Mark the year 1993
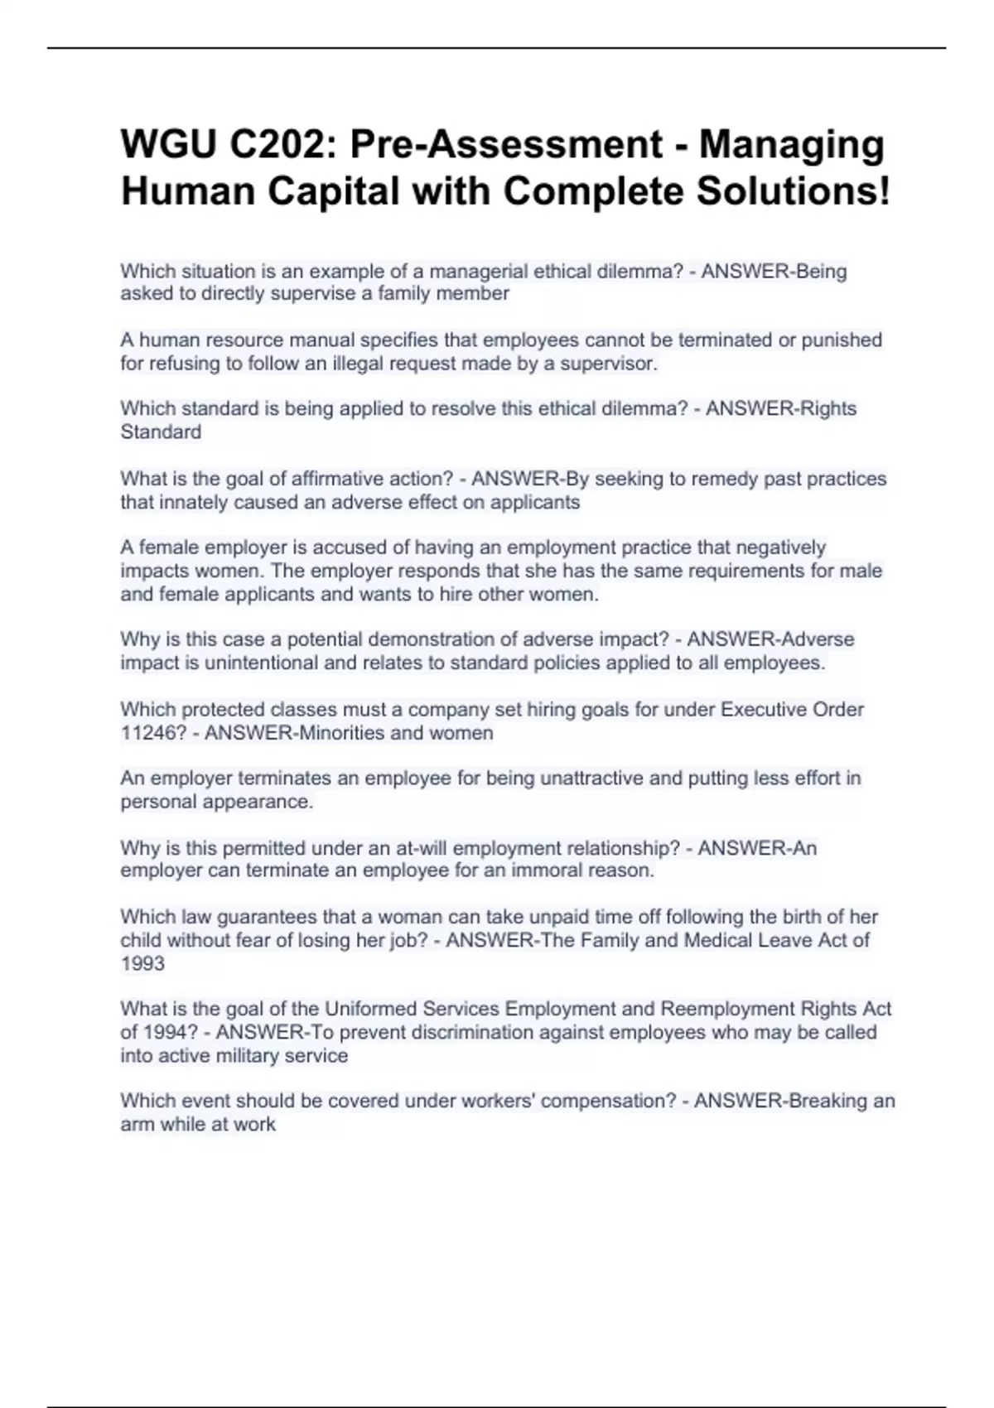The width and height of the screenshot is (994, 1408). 142,963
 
